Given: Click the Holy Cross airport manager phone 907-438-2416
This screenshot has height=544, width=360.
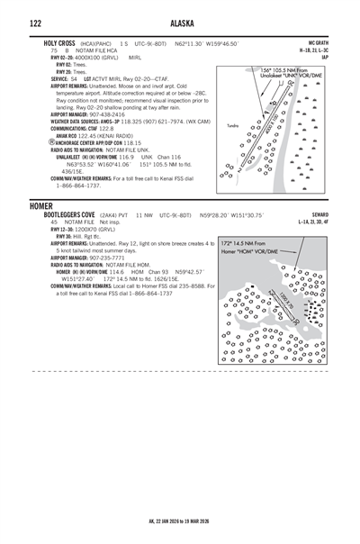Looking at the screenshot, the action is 105,115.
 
